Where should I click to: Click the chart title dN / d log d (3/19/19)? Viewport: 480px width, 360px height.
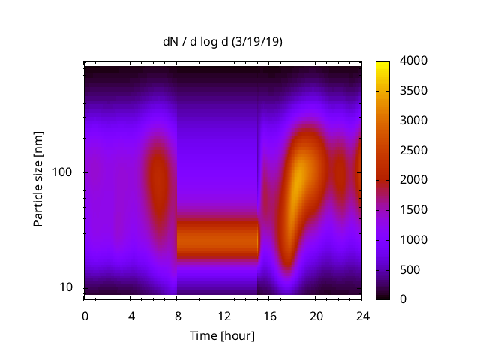pos(223,43)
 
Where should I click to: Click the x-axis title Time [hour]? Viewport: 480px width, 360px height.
pos(222,335)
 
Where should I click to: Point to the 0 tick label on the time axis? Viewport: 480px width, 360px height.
pos(85,315)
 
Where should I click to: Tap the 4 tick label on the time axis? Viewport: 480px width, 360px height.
pos(131,315)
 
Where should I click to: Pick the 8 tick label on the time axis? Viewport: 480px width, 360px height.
pos(177,315)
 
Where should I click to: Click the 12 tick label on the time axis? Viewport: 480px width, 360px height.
pos(223,315)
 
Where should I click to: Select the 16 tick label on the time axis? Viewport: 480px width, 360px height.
pos(270,315)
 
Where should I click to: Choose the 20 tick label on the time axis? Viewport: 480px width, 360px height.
pos(316,315)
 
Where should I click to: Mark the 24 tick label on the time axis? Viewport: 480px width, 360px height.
pos(362,315)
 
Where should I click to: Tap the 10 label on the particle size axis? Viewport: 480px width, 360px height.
pos(67,287)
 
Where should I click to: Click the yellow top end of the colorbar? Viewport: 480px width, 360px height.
pos(382,63)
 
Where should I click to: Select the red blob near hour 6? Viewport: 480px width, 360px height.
pos(157,184)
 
